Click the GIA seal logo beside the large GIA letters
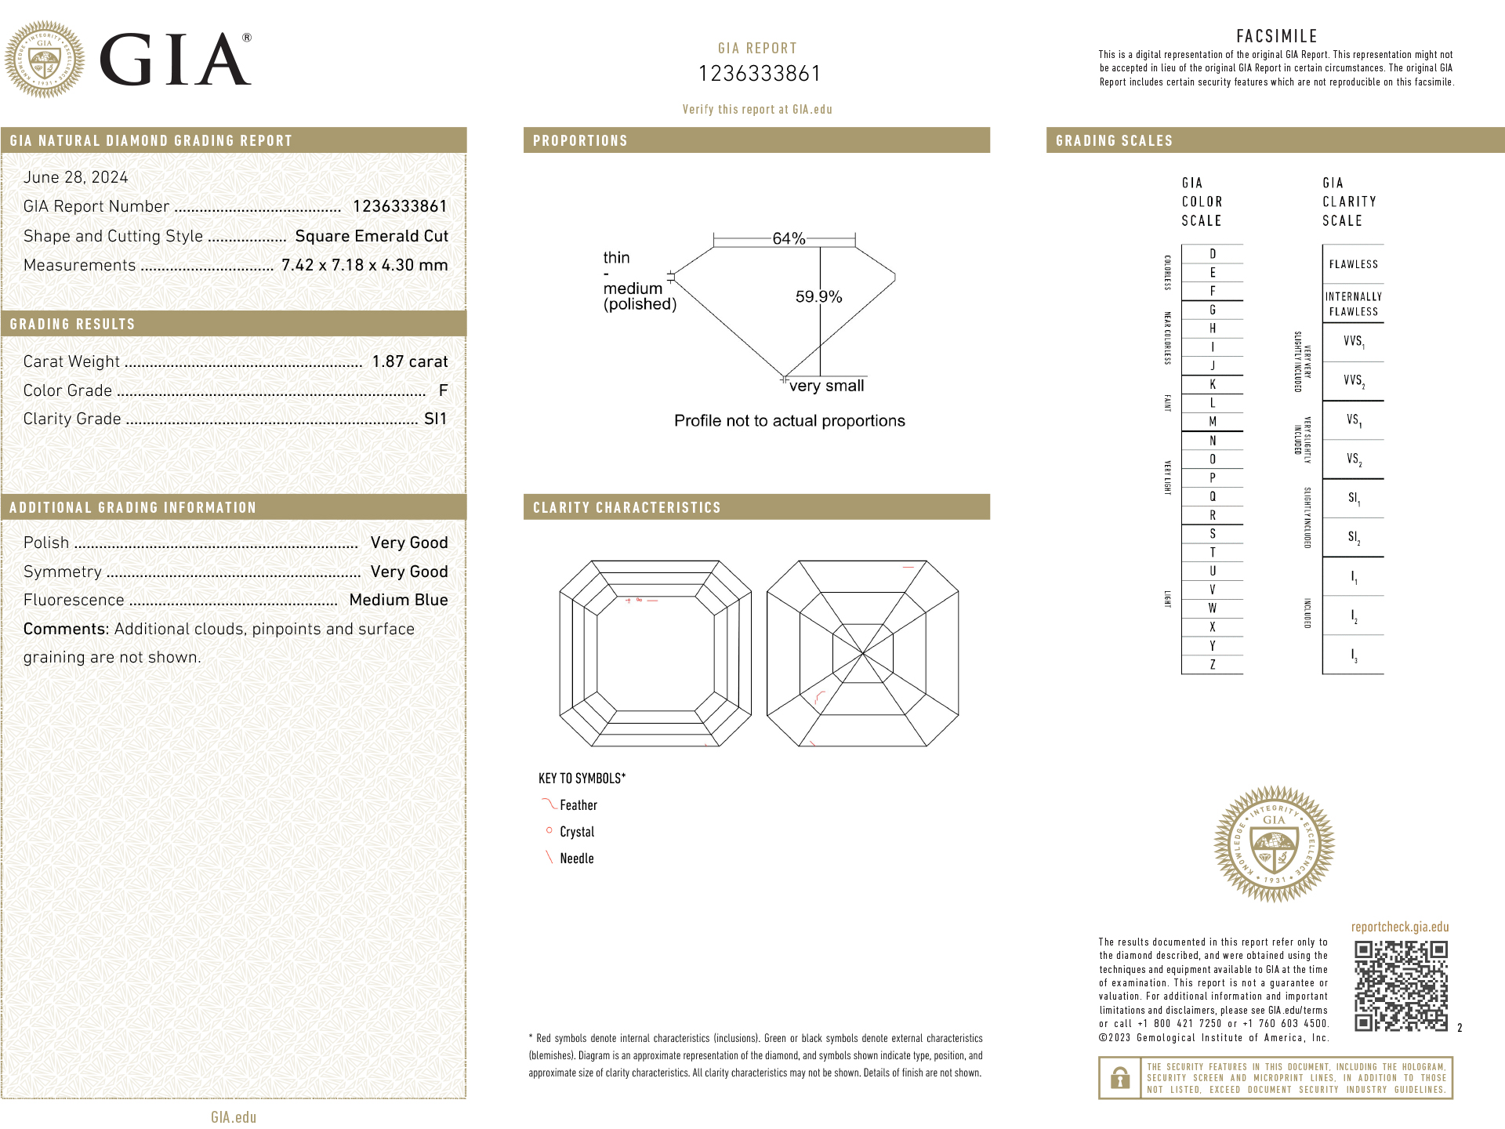click(45, 60)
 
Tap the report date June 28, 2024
click(76, 177)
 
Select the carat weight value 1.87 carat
click(410, 361)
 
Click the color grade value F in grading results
click(443, 390)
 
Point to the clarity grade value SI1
click(435, 419)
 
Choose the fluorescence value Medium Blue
click(398, 600)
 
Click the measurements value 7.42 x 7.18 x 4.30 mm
click(364, 265)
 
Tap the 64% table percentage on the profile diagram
click(789, 238)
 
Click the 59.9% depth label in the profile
click(818, 296)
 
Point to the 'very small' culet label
click(826, 386)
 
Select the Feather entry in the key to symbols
click(578, 805)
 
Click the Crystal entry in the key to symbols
click(577, 832)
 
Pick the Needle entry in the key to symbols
click(576, 859)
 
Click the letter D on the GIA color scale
click(1213, 254)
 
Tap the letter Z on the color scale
click(1213, 665)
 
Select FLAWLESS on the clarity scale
click(1353, 264)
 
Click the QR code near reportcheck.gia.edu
click(1401, 986)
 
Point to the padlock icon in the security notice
click(1120, 1078)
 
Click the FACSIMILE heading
click(1276, 36)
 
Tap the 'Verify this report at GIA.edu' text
click(757, 110)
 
